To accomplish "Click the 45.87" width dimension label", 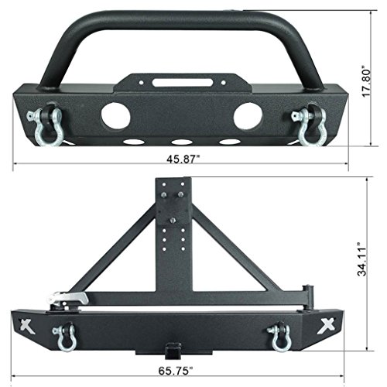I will click(x=182, y=159).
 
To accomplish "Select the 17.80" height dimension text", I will click(x=374, y=78).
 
